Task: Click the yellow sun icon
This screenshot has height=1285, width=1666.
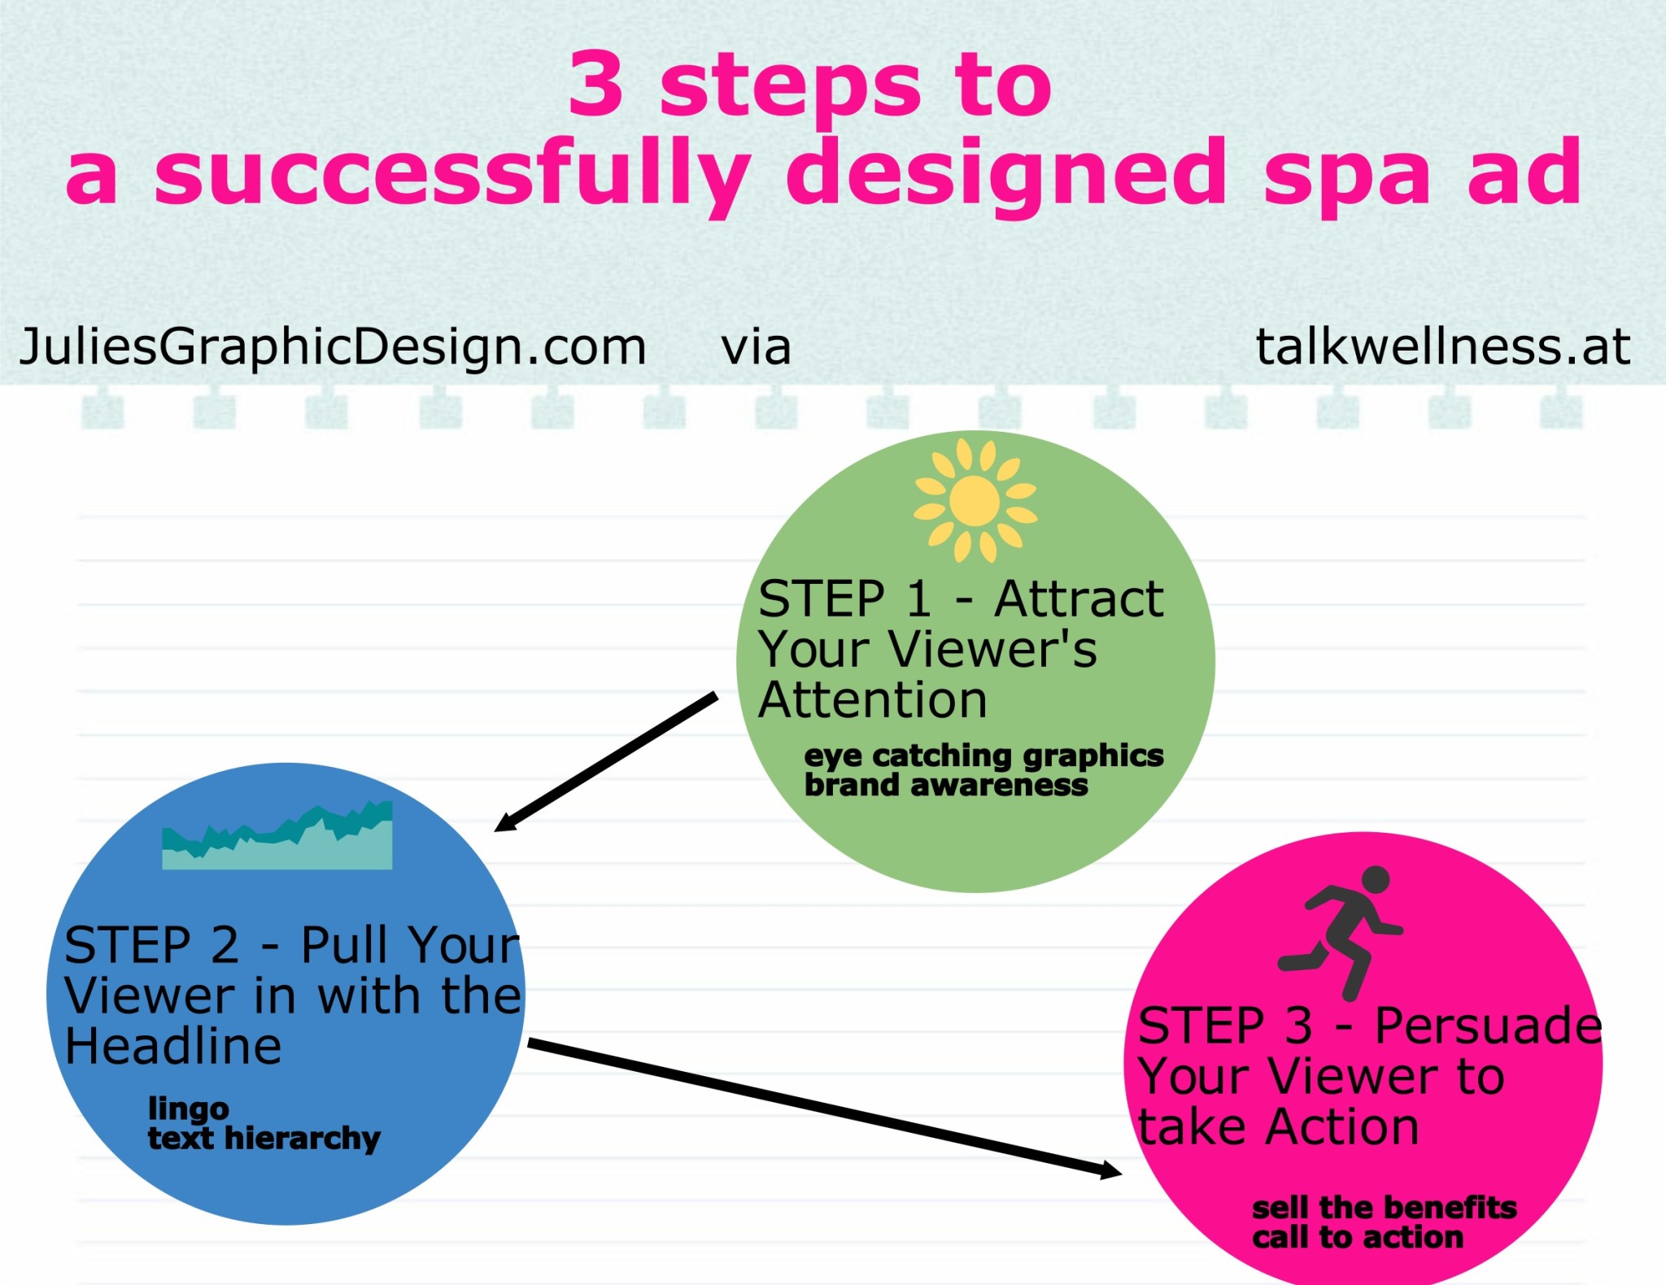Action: pos(975,500)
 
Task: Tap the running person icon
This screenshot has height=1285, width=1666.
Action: pos(1341,932)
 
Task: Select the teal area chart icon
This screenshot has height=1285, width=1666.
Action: pos(277,835)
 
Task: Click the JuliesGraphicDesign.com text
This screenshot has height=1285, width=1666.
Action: pos(333,347)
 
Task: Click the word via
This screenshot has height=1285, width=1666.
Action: pos(756,347)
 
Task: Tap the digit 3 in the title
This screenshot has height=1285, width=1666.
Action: pos(596,84)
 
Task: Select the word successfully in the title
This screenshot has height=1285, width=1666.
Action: pos(452,174)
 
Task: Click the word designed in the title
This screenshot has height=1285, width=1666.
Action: pos(1005,174)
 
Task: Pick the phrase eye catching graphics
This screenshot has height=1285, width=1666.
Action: pos(983,756)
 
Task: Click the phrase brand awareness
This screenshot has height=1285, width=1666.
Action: pos(946,786)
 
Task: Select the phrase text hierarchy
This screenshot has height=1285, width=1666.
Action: pos(264,1139)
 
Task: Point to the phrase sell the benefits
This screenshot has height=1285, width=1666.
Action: pos(1385,1208)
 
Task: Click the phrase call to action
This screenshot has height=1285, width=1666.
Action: pos(1358,1238)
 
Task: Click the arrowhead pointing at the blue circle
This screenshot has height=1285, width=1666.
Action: pos(507,822)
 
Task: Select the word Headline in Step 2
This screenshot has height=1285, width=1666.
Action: pos(173,1046)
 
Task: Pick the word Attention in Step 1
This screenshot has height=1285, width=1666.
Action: pos(873,700)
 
